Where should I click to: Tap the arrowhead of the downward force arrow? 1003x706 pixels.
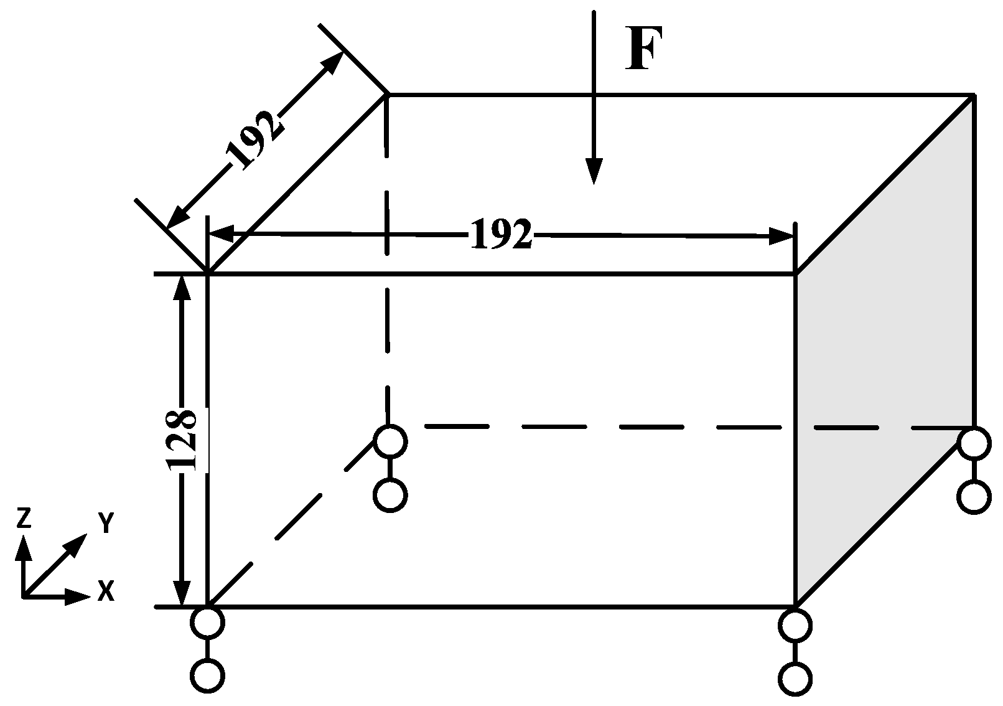[594, 172]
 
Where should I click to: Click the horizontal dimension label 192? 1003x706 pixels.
[501, 235]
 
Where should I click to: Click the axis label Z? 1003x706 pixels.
[23, 518]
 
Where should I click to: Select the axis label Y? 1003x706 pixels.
[105, 524]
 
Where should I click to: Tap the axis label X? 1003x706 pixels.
[106, 591]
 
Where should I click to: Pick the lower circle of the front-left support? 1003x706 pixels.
[207, 676]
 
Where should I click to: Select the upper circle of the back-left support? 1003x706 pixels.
[390, 441]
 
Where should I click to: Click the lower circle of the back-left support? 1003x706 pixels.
[390, 496]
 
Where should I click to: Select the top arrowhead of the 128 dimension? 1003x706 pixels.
[182, 286]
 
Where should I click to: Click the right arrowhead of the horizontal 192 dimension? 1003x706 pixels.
[782, 237]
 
